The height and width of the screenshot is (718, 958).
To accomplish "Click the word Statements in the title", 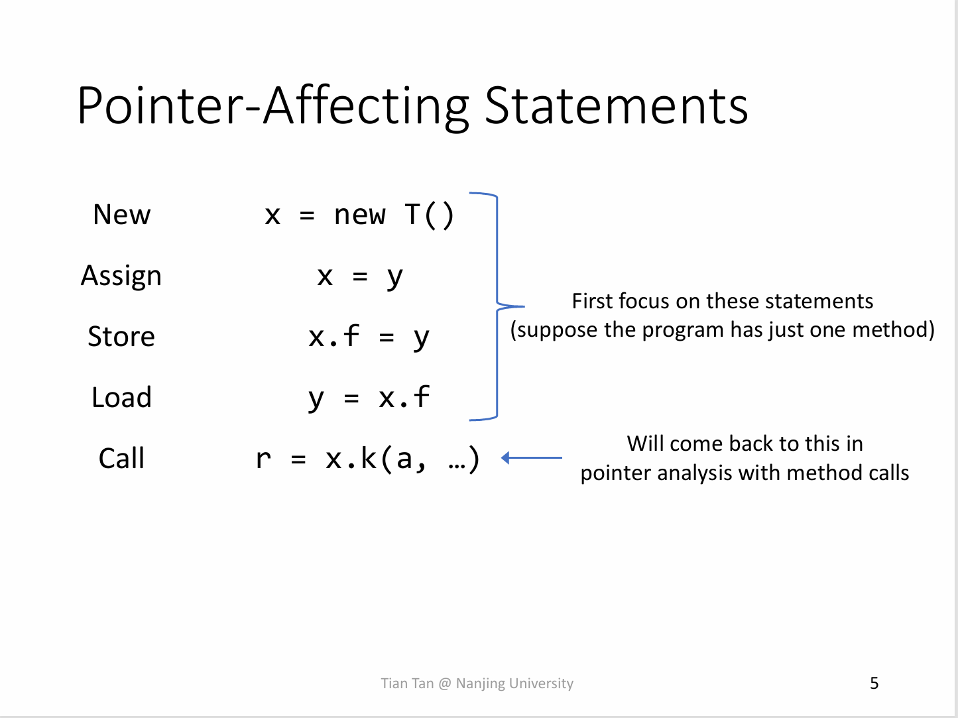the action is [617, 106].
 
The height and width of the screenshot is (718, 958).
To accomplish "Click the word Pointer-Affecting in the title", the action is [273, 106].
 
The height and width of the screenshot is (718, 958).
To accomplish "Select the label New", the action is [122, 215].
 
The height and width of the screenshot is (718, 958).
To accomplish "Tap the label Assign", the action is [121, 276].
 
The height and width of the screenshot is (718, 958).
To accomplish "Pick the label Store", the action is [121, 337].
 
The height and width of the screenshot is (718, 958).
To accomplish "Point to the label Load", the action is [122, 397].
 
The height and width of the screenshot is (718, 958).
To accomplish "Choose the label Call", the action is [122, 458].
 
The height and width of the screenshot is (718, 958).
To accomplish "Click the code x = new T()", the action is [359, 215].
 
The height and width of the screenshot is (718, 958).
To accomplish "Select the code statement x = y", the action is [360, 276].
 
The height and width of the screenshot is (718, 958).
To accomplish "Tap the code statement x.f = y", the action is [369, 337].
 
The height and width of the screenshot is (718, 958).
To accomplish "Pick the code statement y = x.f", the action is [369, 398].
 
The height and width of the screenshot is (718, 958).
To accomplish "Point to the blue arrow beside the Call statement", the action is [532, 458].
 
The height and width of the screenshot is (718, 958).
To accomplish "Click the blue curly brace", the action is [497, 306].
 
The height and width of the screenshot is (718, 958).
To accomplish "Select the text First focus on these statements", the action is [723, 301].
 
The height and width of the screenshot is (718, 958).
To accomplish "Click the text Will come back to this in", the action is [745, 444].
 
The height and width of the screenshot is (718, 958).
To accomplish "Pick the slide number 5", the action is [874, 683].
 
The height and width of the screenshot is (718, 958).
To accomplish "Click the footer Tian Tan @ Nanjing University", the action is [477, 684].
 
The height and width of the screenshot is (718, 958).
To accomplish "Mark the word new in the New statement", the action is [359, 216].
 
